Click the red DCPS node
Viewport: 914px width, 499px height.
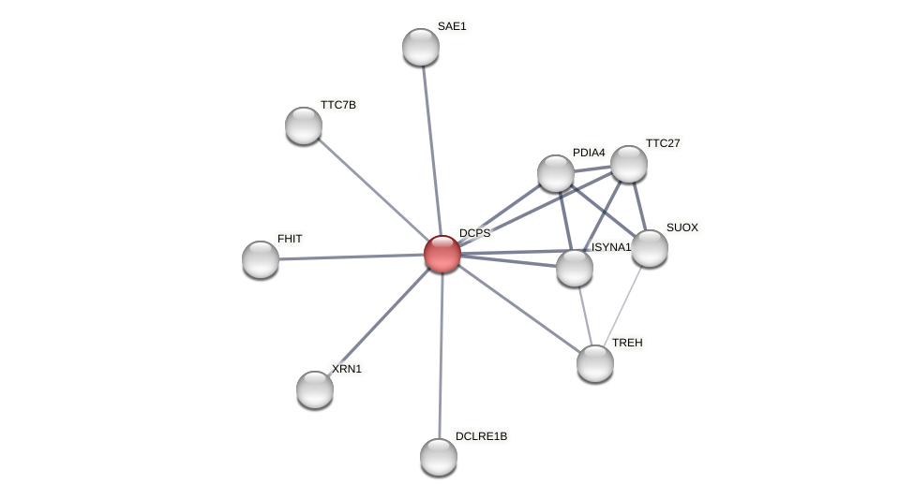(x=442, y=254)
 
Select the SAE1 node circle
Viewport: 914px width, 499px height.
(x=421, y=47)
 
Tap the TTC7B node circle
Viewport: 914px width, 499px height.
(x=304, y=125)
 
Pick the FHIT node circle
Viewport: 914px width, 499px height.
(x=261, y=259)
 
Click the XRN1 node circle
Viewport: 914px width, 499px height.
(x=315, y=389)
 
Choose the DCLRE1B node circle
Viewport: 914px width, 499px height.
(x=439, y=457)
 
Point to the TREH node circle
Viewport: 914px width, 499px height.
(x=595, y=363)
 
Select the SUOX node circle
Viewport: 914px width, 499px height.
(x=650, y=248)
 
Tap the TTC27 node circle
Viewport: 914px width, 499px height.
(x=629, y=164)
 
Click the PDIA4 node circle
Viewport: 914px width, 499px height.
(x=556, y=173)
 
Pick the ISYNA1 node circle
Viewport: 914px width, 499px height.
(x=575, y=268)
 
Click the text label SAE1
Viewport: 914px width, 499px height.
(x=452, y=26)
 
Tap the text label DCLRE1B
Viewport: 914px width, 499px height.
(x=481, y=436)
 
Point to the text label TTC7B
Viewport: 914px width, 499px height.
(x=338, y=105)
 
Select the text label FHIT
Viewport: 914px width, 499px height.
(x=290, y=239)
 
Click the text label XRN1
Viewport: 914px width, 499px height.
(x=346, y=369)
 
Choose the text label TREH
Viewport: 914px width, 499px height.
(x=627, y=343)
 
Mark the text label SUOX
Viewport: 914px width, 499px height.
(x=682, y=227)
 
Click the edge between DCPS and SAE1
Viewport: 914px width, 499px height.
(x=431, y=150)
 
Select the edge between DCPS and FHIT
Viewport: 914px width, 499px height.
(x=352, y=257)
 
